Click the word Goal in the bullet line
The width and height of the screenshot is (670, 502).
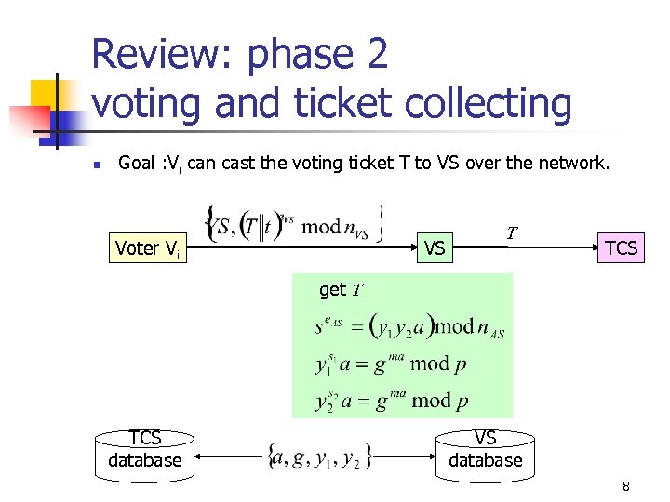(x=136, y=164)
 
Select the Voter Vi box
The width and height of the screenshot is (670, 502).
(x=147, y=248)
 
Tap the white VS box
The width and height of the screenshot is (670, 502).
(x=434, y=248)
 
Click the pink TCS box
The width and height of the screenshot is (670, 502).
(x=621, y=247)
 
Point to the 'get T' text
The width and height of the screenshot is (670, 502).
(x=341, y=290)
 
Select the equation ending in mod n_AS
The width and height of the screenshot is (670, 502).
(x=409, y=326)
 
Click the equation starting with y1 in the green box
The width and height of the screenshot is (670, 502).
(x=391, y=363)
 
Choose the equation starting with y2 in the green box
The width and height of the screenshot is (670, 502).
(x=391, y=401)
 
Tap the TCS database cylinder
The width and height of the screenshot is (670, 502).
(x=145, y=451)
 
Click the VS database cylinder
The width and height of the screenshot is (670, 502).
(x=485, y=451)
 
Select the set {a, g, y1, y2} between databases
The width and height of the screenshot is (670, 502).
(x=319, y=456)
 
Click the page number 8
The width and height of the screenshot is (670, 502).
(x=626, y=486)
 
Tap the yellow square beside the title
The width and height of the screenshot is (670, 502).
(x=47, y=93)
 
